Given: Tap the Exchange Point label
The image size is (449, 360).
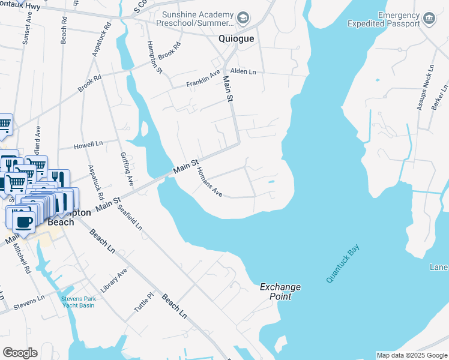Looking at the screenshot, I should (280, 292).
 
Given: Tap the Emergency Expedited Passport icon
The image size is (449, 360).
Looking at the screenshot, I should (429, 19).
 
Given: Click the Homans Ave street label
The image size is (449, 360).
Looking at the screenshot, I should (209, 182).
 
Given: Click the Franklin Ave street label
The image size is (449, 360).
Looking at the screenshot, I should (203, 79).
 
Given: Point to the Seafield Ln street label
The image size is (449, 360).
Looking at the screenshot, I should (130, 218).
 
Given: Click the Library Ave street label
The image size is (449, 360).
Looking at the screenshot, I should (114, 280).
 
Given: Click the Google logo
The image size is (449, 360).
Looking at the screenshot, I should (20, 353).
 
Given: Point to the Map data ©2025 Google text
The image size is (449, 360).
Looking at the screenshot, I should (412, 355).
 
